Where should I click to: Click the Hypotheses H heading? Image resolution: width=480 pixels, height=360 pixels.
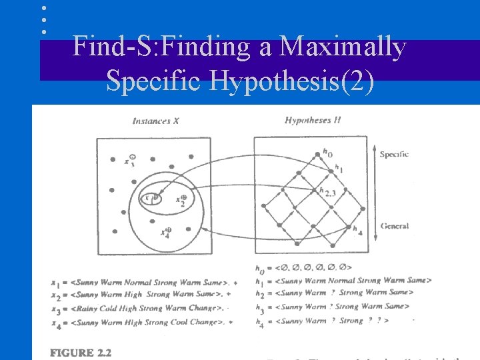click(313, 121)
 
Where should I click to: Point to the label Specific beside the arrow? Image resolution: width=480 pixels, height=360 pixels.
click(393, 154)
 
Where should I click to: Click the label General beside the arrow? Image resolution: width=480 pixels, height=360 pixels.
click(394, 226)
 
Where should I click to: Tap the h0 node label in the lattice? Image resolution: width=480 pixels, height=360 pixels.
click(327, 153)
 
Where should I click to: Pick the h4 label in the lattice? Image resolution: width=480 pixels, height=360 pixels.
click(357, 231)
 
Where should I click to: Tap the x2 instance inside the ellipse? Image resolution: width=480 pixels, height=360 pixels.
click(181, 199)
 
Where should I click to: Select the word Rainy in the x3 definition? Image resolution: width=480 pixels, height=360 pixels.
click(89, 308)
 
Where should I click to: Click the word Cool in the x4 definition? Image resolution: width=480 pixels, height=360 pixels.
click(185, 322)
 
